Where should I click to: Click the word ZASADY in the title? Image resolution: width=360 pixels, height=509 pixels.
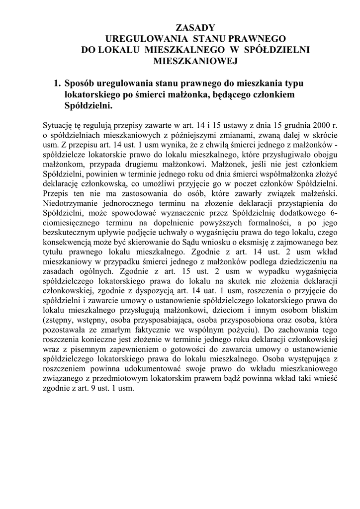pyautogui.click(x=195, y=27)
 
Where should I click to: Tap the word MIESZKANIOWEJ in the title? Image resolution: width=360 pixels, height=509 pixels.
pyautogui.click(x=195, y=61)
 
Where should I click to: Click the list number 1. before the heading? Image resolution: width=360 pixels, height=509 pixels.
pyautogui.click(x=58, y=83)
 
